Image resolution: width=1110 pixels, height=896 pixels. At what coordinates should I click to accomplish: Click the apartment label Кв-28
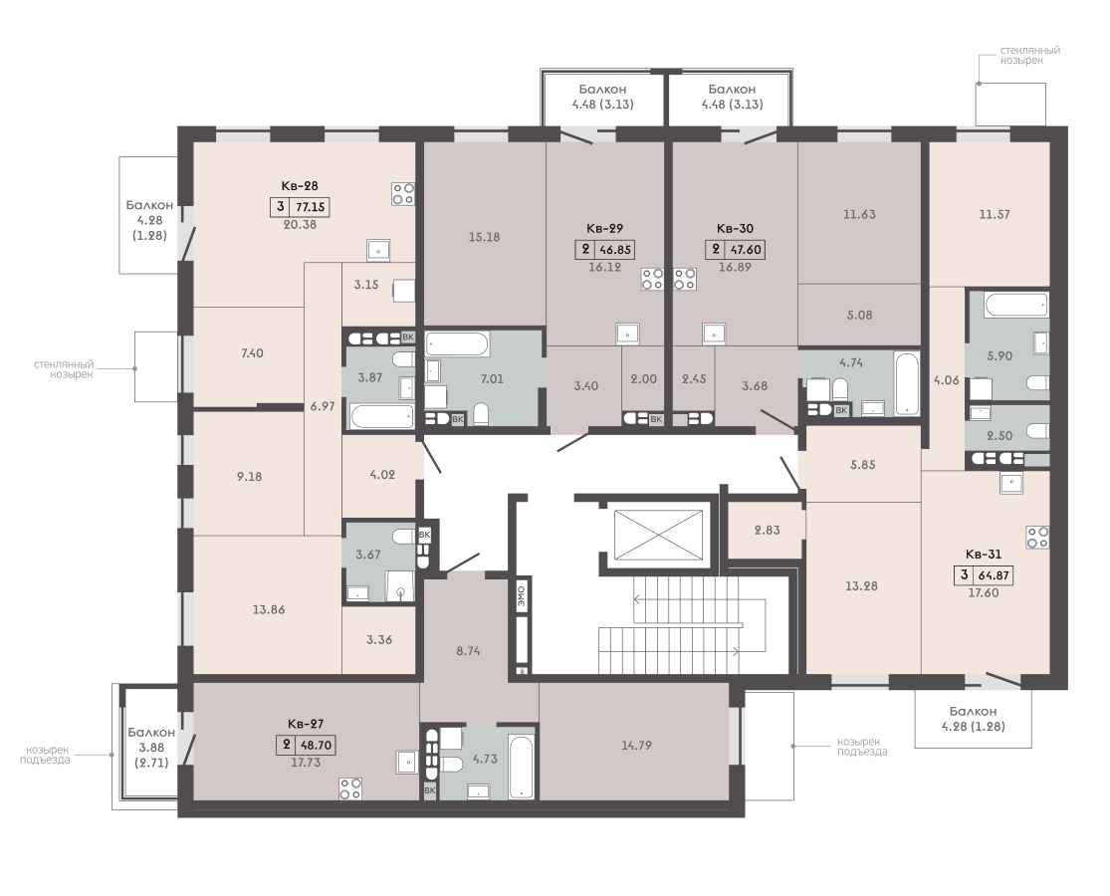click(300, 186)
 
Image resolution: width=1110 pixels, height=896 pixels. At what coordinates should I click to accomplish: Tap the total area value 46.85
click(615, 250)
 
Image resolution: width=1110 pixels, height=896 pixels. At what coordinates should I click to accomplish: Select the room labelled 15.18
click(485, 234)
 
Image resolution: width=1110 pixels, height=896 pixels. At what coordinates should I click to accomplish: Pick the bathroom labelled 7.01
click(485, 378)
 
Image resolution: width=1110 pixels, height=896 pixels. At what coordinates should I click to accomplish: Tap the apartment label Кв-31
click(984, 555)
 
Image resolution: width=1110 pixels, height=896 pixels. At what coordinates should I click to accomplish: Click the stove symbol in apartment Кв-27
click(350, 788)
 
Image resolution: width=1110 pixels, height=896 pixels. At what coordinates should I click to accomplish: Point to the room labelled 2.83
click(766, 530)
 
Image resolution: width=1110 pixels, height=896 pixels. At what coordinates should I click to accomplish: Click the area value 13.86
click(269, 609)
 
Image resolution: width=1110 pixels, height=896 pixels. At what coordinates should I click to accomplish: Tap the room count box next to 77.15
click(281, 207)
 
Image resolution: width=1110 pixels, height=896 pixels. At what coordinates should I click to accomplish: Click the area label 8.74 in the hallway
click(469, 650)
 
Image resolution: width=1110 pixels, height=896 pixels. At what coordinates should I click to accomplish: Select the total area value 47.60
click(745, 250)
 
